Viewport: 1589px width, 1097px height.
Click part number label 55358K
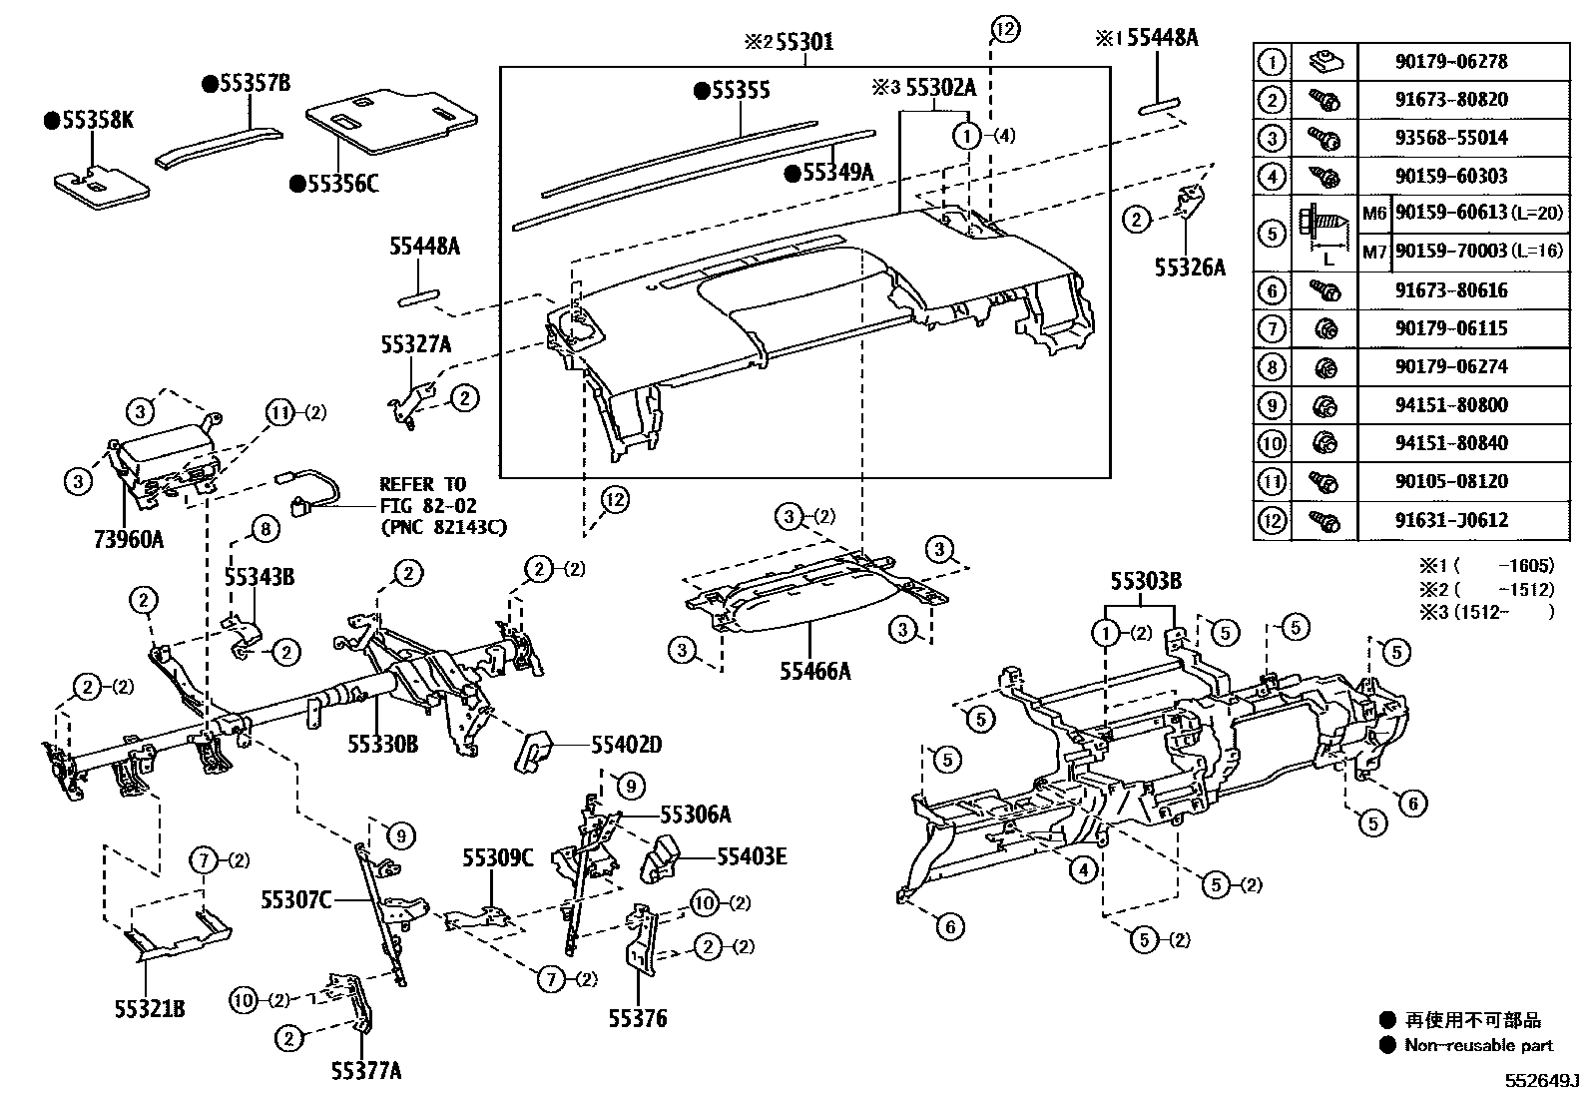click(96, 121)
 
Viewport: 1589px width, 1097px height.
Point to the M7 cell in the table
click(1374, 252)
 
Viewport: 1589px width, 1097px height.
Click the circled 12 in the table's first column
click(1272, 520)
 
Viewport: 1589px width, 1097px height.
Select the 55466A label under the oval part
click(815, 671)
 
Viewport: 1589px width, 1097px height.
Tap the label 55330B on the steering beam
click(382, 744)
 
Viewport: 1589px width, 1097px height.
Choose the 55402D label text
click(626, 745)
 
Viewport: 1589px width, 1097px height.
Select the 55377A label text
click(367, 1071)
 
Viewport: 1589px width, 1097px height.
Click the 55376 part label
click(638, 1019)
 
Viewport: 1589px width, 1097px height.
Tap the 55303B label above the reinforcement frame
click(1146, 581)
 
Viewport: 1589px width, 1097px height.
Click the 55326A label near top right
click(1189, 268)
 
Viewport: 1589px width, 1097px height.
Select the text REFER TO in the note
click(422, 485)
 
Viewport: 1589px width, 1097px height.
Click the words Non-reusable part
click(1478, 1045)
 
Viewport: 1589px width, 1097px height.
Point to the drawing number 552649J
click(1544, 1082)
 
